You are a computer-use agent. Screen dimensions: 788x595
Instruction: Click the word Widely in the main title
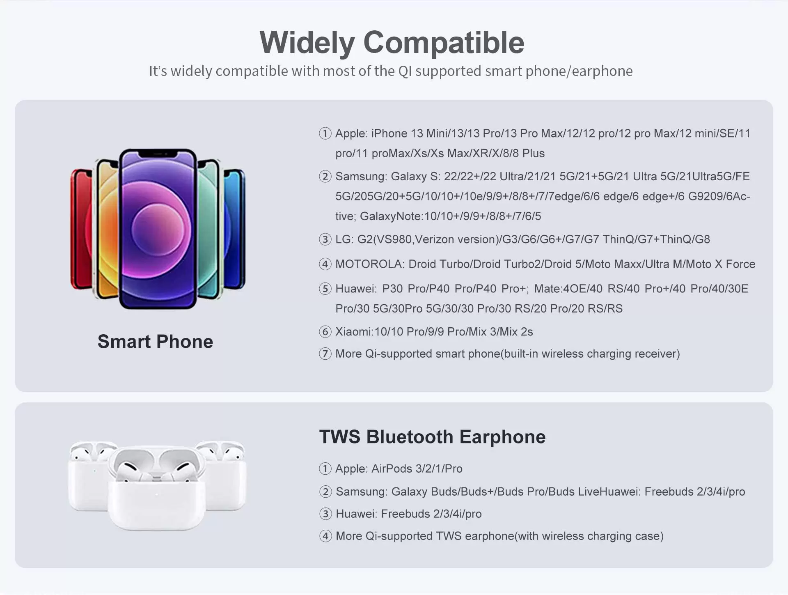307,43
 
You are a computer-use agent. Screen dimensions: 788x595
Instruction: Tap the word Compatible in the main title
444,42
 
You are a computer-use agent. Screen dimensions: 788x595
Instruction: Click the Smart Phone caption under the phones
155,341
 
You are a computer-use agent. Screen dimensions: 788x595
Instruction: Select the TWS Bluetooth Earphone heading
432,436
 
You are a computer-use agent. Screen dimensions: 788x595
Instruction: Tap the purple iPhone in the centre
158,229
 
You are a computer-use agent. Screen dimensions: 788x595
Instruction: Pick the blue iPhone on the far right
235,228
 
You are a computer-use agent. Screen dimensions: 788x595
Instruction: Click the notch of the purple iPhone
158,154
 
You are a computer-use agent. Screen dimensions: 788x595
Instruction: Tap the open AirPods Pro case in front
156,487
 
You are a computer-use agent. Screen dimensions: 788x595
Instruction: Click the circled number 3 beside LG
325,239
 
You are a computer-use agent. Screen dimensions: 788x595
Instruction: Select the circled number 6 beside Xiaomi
325,332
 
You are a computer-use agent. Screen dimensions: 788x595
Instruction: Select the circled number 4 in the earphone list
325,536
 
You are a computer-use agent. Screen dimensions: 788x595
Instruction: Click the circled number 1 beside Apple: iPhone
325,133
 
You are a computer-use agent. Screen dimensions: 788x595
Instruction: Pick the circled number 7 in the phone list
325,354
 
